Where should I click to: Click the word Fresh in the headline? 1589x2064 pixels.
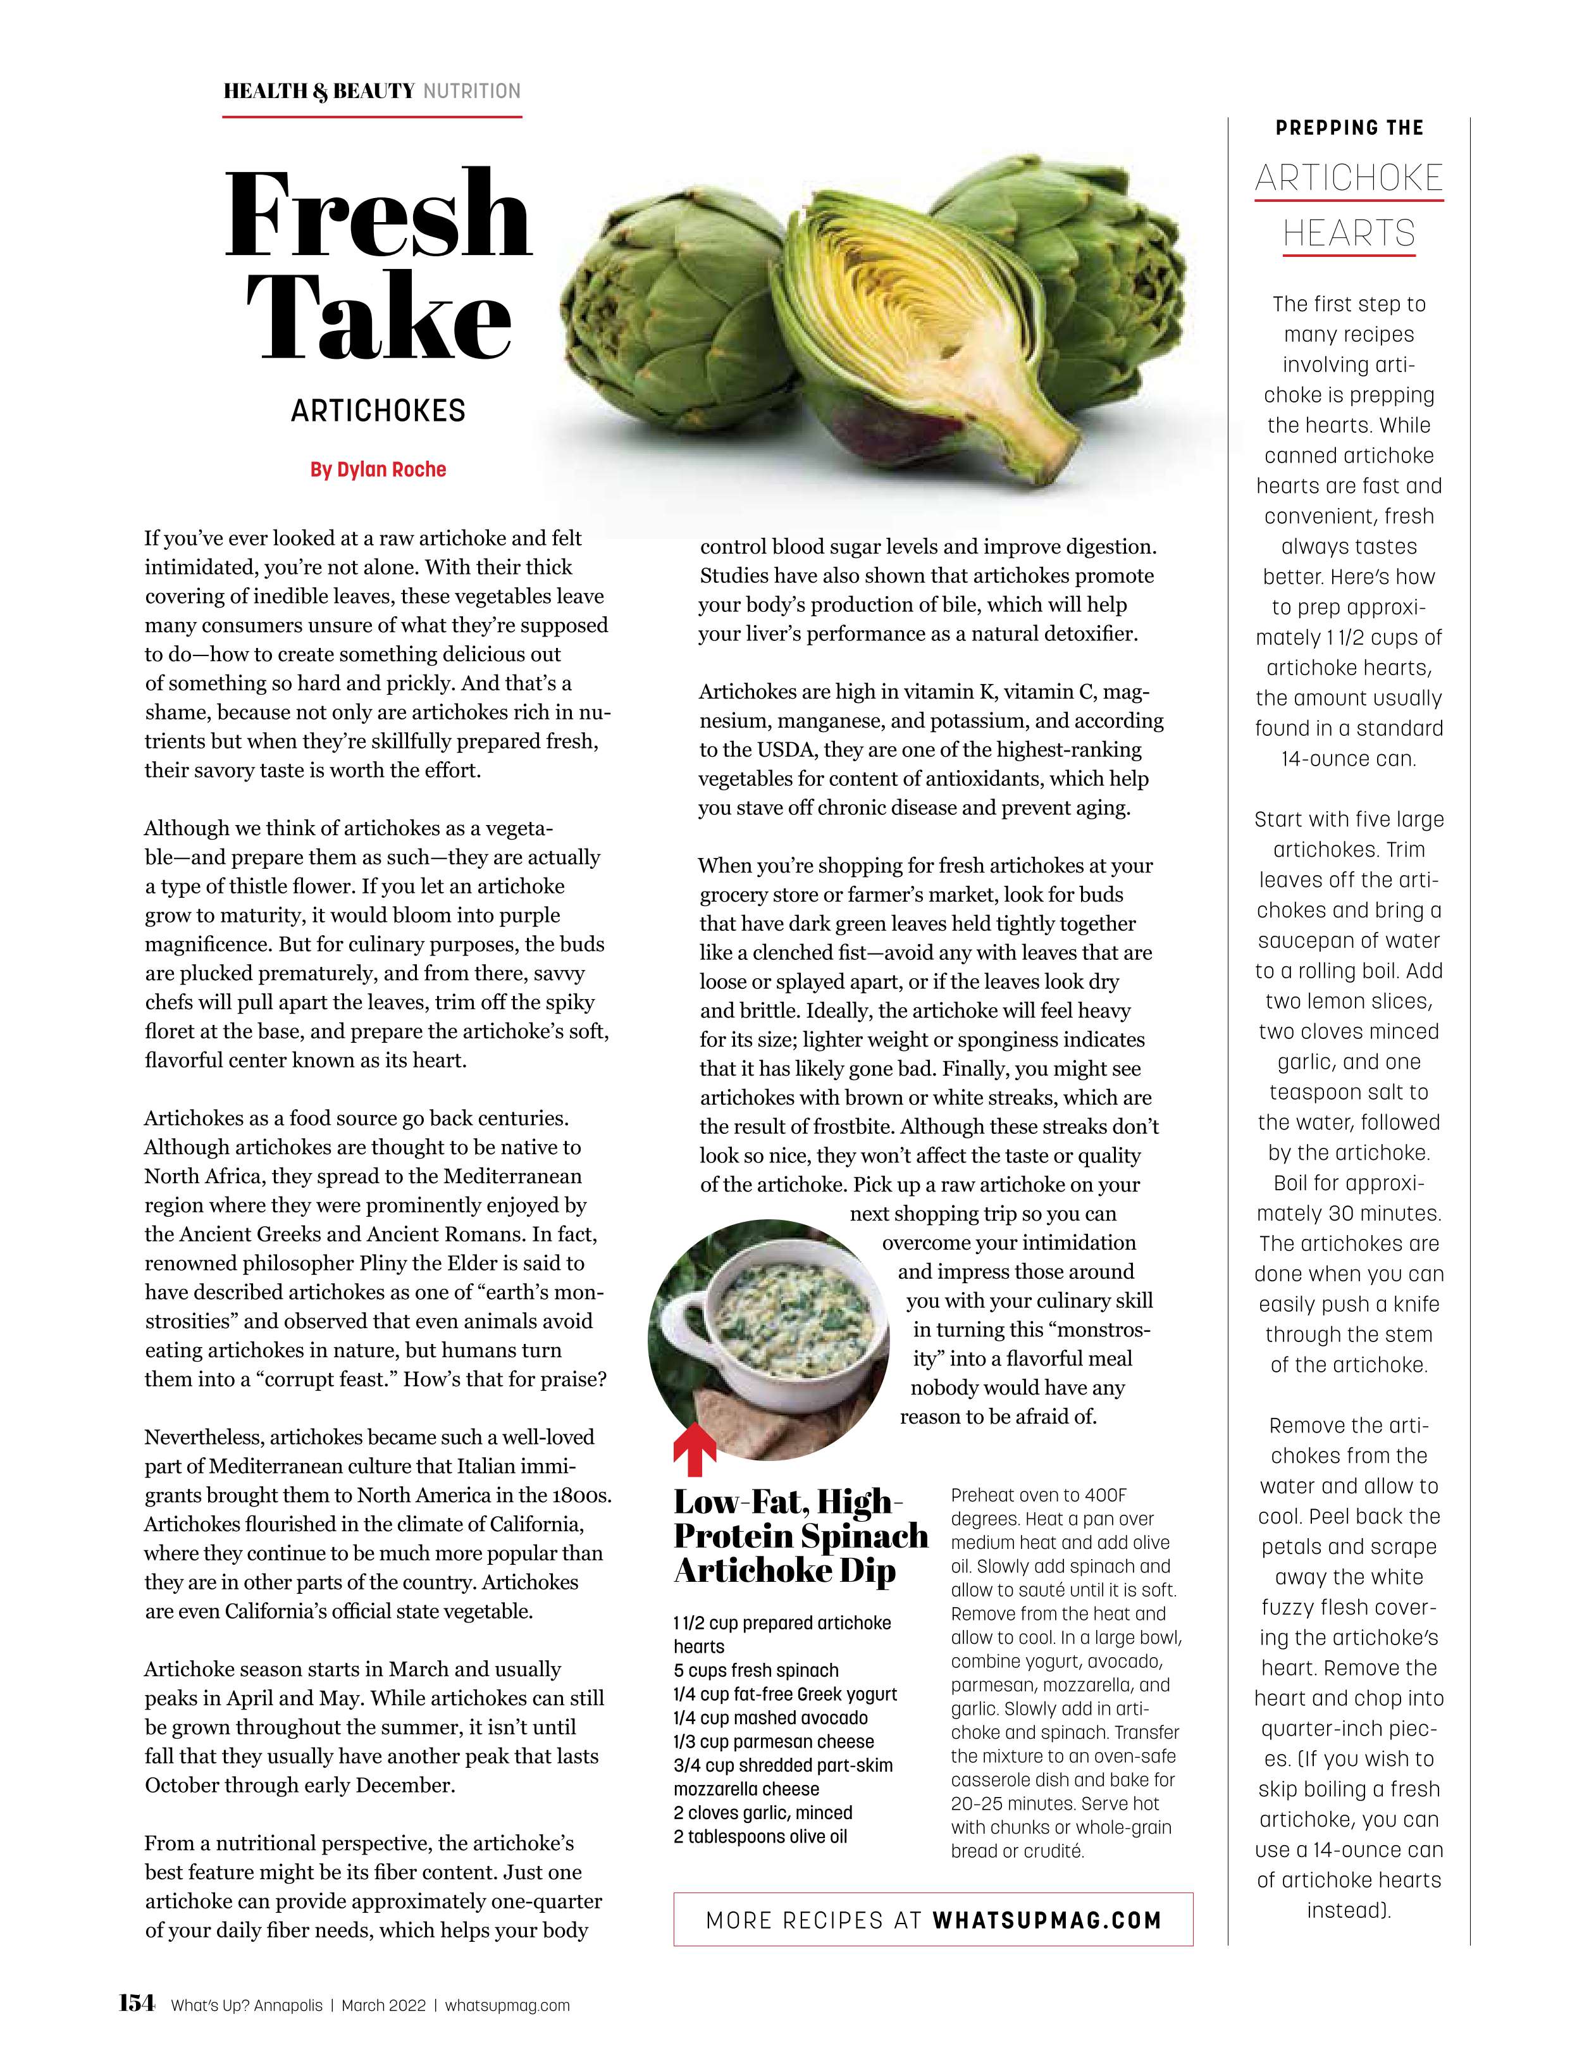(378, 216)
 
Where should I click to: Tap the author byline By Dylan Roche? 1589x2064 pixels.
(378, 469)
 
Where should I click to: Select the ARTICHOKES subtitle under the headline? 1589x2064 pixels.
(378, 411)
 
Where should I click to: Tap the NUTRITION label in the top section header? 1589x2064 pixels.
(471, 92)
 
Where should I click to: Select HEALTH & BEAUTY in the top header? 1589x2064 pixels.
(318, 92)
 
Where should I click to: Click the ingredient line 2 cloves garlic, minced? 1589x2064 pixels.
(762, 1813)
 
